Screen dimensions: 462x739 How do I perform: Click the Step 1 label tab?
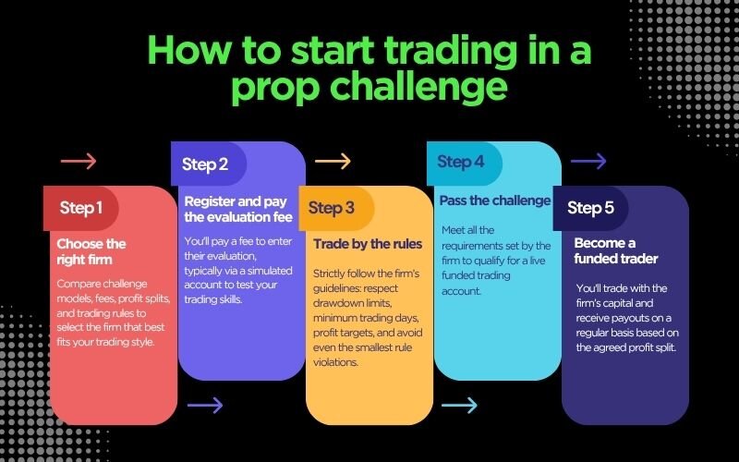tap(81, 208)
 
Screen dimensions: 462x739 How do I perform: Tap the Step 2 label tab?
tap(205, 164)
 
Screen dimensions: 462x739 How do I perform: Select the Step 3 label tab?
tap(331, 208)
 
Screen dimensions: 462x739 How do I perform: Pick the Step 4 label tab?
tap(461, 162)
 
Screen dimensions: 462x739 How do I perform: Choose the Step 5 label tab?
tap(590, 208)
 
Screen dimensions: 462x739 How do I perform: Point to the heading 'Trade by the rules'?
tap(368, 244)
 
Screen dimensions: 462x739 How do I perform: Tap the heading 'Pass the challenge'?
tap(495, 201)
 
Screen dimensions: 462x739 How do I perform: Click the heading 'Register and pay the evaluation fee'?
tap(238, 209)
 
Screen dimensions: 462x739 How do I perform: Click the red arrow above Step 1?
tap(79, 162)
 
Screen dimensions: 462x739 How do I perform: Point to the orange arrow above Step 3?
tap(333, 162)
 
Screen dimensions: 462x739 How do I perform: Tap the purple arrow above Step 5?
tap(588, 162)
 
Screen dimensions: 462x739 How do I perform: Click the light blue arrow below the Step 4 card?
tap(459, 405)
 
